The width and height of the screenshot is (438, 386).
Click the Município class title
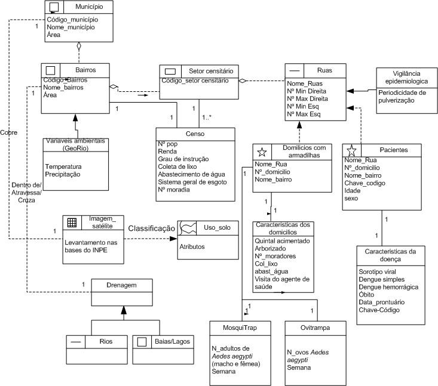click(x=90, y=7)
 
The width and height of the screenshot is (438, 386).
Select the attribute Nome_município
click(x=72, y=27)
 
